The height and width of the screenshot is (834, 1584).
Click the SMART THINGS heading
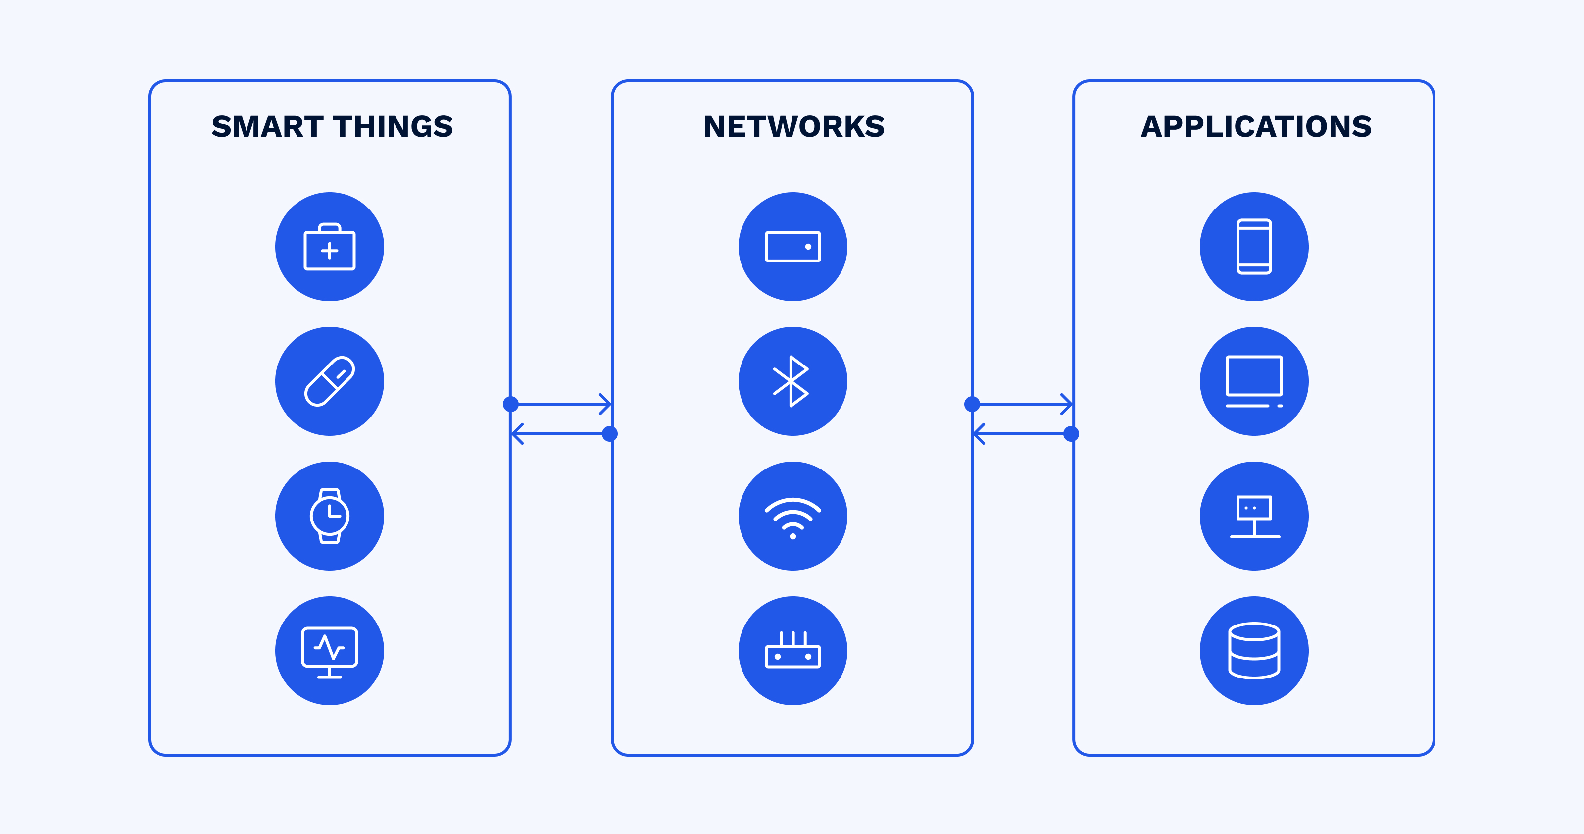tap(332, 127)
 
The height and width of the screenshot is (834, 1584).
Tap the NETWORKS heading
tap(794, 127)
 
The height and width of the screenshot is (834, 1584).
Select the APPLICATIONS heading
tap(1256, 127)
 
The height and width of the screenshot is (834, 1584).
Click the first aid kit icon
tap(330, 247)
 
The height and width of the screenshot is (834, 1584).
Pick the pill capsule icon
tap(330, 381)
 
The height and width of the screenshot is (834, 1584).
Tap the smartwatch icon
tap(330, 516)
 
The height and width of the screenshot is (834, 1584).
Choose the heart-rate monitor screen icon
tap(330, 651)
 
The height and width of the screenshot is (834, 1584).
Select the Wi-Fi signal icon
tap(792, 516)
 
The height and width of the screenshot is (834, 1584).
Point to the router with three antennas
tap(792, 651)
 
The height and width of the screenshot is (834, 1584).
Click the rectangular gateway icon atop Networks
tap(792, 247)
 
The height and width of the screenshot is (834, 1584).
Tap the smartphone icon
tap(1254, 247)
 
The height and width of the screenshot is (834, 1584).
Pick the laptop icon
tap(1254, 381)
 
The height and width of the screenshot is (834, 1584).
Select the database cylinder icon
tap(1254, 651)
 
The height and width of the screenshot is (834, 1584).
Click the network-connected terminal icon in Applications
tap(1254, 516)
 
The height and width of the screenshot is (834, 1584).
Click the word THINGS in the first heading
tap(394, 127)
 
